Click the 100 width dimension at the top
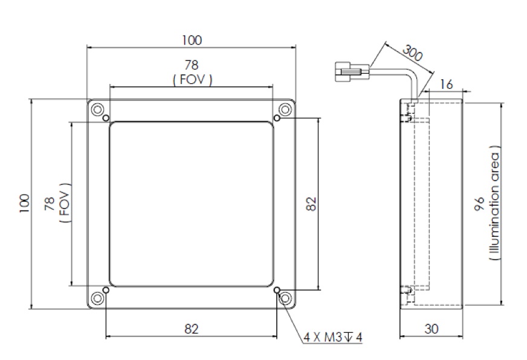(192, 40)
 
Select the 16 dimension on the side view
(447, 84)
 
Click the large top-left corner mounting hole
(97, 109)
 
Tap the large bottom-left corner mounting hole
(97, 298)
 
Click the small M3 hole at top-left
(106, 118)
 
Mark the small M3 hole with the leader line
(277, 291)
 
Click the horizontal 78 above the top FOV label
(192, 65)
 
